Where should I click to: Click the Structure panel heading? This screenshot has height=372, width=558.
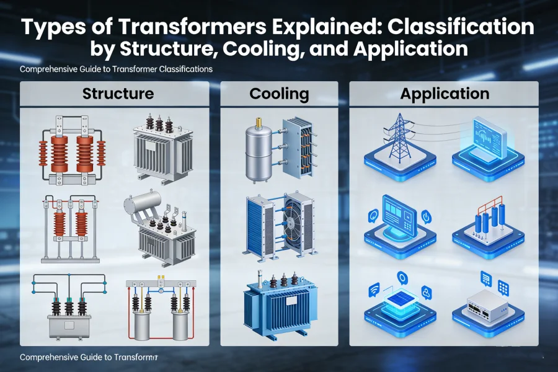click(x=118, y=94)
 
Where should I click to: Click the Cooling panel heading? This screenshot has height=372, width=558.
click(x=279, y=94)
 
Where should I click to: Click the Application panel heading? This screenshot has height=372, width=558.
click(x=445, y=94)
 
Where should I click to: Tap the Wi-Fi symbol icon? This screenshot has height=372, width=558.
click(x=373, y=288)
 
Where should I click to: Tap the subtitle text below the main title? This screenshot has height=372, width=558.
click(x=116, y=69)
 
